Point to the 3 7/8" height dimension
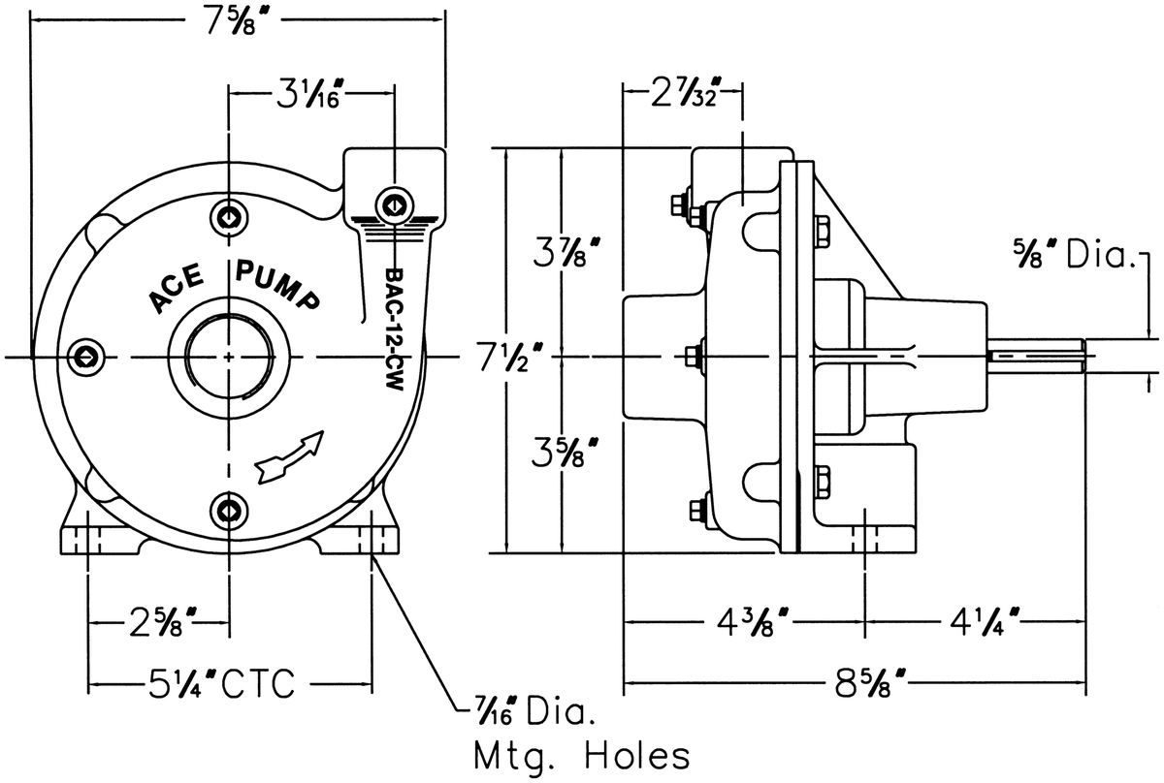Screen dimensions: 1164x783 click(x=567, y=252)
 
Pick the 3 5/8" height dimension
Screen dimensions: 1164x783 click(x=565, y=452)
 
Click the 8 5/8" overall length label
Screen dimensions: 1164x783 click(x=870, y=684)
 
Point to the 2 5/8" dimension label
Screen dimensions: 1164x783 click(x=163, y=621)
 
